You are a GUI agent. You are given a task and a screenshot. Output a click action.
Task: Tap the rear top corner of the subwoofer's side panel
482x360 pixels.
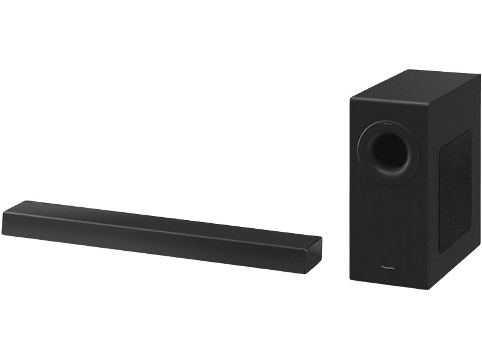coord(480,76)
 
